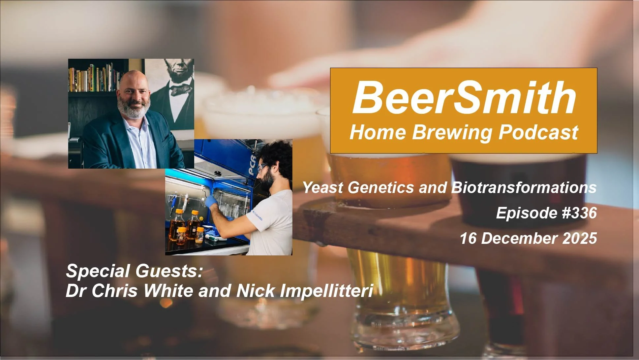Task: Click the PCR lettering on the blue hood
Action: click(x=252, y=163)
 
